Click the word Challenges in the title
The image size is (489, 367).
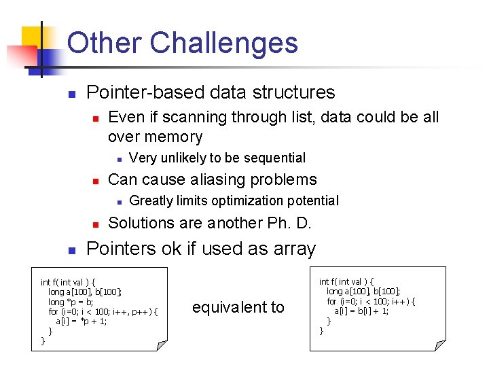point(223,43)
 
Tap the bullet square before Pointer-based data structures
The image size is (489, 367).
point(72,93)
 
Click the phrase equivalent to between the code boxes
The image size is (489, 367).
point(238,307)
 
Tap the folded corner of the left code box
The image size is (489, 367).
point(162,345)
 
